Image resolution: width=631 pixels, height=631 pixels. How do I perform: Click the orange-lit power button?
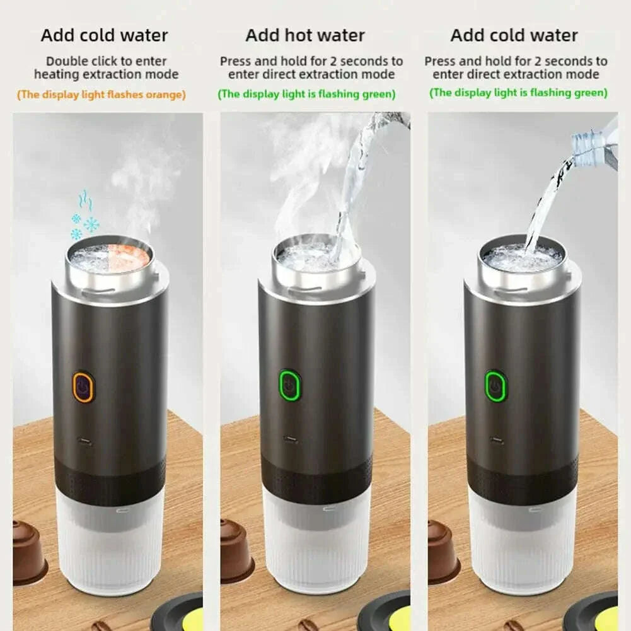[83, 387]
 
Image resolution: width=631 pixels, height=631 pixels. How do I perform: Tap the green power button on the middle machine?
[289, 385]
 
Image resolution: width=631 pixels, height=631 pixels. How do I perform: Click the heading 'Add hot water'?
[305, 35]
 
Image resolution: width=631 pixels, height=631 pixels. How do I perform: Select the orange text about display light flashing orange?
[101, 95]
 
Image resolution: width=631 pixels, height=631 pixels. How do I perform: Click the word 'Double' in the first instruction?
[66, 61]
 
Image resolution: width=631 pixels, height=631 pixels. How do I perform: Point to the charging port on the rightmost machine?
[497, 440]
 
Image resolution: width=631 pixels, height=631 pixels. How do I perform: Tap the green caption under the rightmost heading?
[518, 93]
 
